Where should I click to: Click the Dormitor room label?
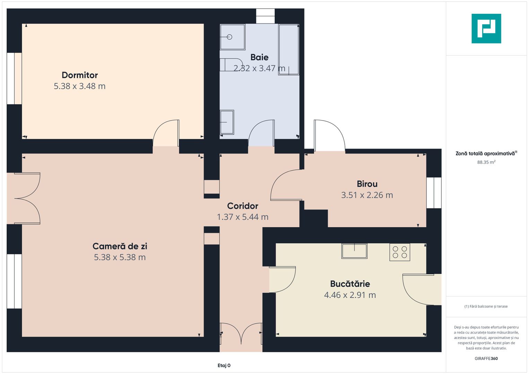click(80, 75)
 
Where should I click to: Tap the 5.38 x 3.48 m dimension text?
click(80, 86)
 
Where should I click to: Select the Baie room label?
click(259, 57)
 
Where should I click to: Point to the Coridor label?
click(243, 206)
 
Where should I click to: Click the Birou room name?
click(367, 184)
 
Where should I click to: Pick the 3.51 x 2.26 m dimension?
click(367, 195)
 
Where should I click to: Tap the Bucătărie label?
click(350, 284)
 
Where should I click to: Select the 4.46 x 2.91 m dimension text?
click(350, 295)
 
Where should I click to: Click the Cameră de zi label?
click(120, 246)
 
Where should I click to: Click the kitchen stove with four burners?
click(399, 252)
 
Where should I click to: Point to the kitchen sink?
click(354, 251)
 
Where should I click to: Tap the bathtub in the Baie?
click(289, 49)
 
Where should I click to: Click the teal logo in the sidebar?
click(486, 28)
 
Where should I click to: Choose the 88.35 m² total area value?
click(486, 162)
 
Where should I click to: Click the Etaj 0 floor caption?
click(224, 365)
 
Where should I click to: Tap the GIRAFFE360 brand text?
click(486, 358)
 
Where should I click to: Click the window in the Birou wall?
click(434, 193)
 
